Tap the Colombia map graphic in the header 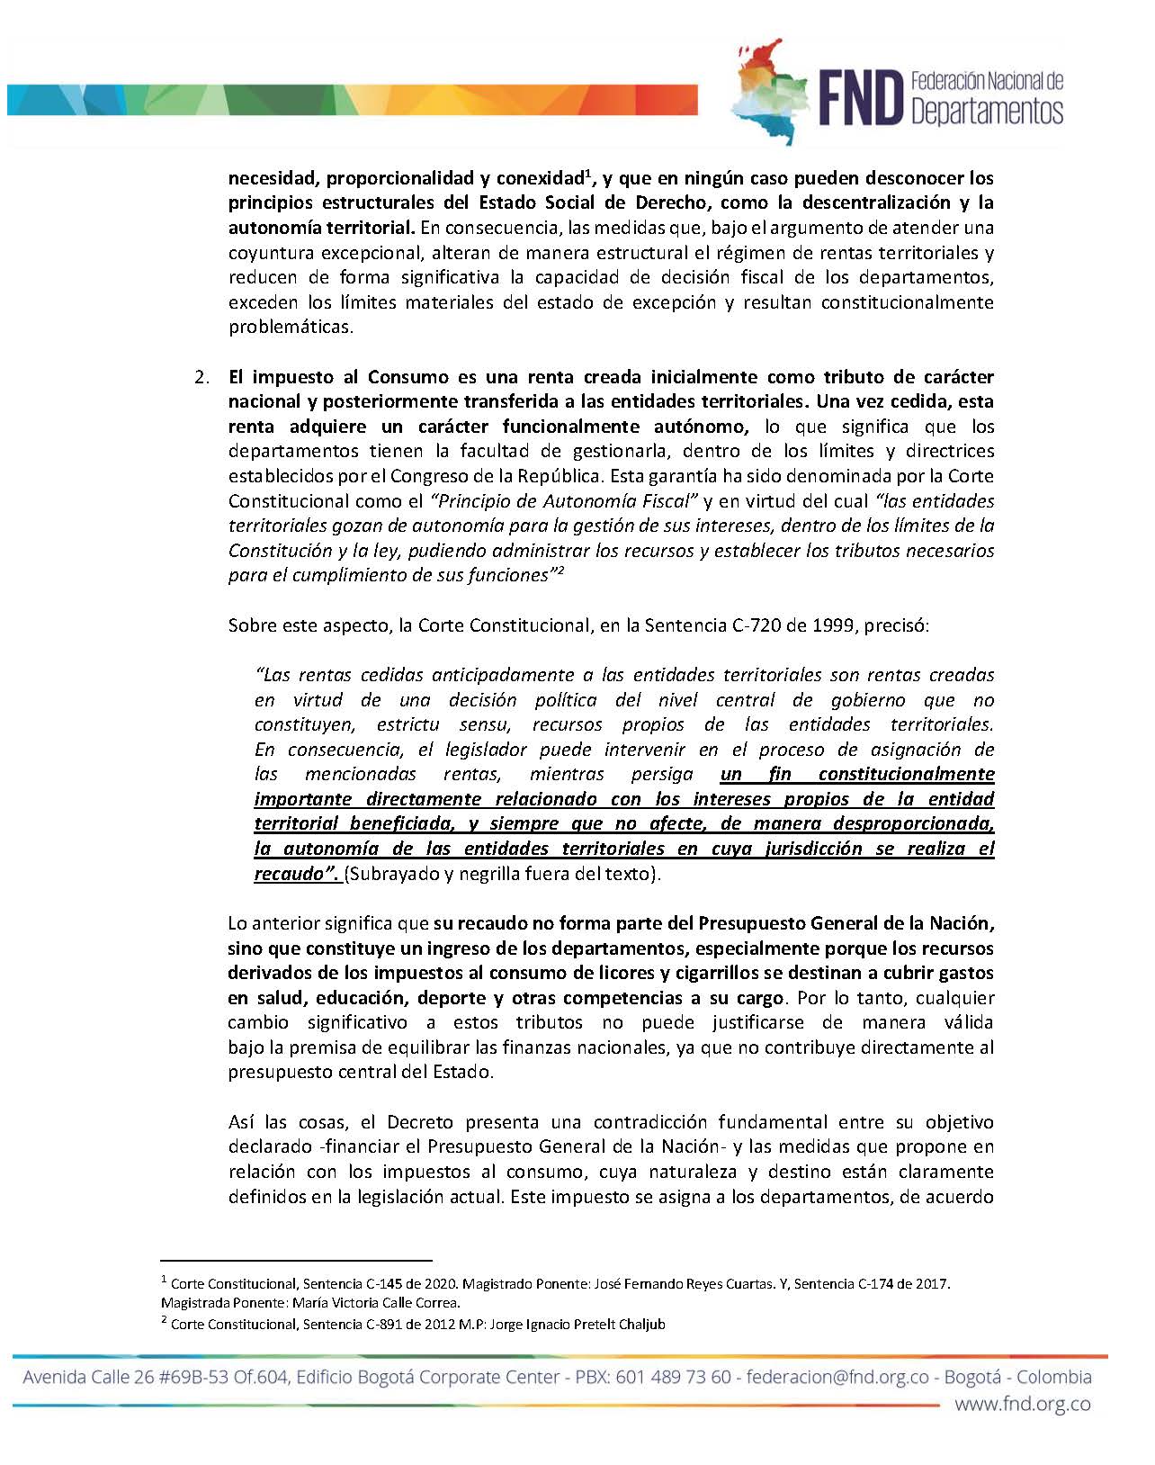tap(768, 90)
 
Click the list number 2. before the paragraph tap(202, 376)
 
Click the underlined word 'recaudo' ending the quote tap(291, 873)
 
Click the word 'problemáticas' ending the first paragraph tap(291, 327)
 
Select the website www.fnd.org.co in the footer tap(1023, 1404)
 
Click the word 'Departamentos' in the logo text tap(987, 112)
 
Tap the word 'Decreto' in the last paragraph tap(420, 1122)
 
